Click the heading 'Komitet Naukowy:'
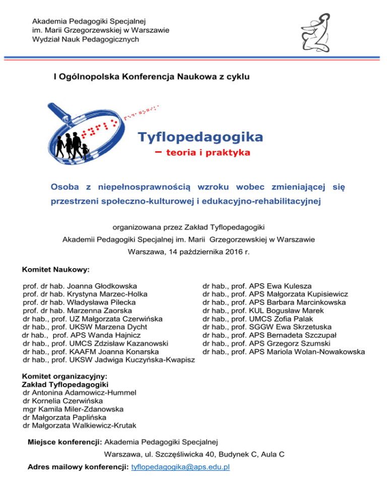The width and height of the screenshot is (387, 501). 56,270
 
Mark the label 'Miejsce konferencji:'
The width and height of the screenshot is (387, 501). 64,442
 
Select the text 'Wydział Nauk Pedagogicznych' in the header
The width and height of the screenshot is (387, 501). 85,39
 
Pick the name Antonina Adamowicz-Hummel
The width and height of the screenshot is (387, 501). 89,392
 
